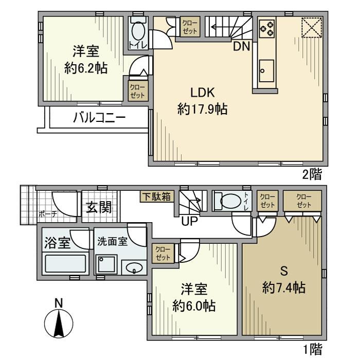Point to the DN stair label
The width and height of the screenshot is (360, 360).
241,46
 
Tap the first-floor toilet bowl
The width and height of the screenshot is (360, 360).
226,200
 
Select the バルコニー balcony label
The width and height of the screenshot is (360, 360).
99,118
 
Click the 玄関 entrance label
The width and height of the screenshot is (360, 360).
99,208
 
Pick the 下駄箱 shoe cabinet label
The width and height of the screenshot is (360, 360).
157,196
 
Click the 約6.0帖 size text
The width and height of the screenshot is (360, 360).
194,307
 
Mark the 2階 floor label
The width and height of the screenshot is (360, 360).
312,174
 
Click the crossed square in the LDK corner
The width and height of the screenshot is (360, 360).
311,28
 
